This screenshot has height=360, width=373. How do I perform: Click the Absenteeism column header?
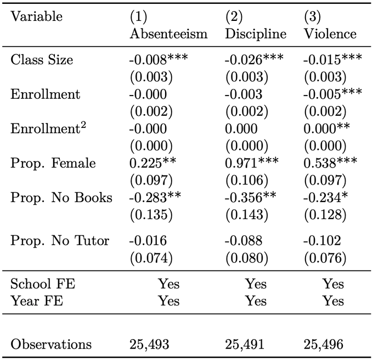pos(168,33)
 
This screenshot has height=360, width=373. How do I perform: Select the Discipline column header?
pos(256,33)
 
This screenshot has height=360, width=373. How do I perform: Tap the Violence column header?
pos(330,33)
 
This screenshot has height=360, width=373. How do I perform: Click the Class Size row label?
pos(42,59)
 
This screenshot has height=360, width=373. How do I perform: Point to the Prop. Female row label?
pos(53,163)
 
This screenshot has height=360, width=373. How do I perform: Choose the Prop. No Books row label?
pos(61,198)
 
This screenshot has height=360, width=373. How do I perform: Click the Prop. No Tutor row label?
pos(60,240)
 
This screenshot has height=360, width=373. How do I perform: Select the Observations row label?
pos(51,344)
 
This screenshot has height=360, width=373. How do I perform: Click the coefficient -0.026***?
pos(254,59)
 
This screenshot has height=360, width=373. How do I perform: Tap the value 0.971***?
pos(252,163)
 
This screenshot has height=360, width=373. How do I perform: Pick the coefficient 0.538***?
pos(330,163)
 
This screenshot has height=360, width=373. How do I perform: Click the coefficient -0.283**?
pos(155,198)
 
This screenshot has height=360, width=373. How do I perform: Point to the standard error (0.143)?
pos(247,215)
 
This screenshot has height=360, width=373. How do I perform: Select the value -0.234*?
pos(325,198)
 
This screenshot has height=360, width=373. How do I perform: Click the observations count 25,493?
pos(149,344)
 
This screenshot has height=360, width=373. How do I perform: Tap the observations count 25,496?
pos(323,344)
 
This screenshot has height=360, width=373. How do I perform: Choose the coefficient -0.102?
pos(322,240)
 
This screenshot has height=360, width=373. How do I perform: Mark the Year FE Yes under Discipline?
pos(256,301)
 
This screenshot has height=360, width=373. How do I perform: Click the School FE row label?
pos(43,284)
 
